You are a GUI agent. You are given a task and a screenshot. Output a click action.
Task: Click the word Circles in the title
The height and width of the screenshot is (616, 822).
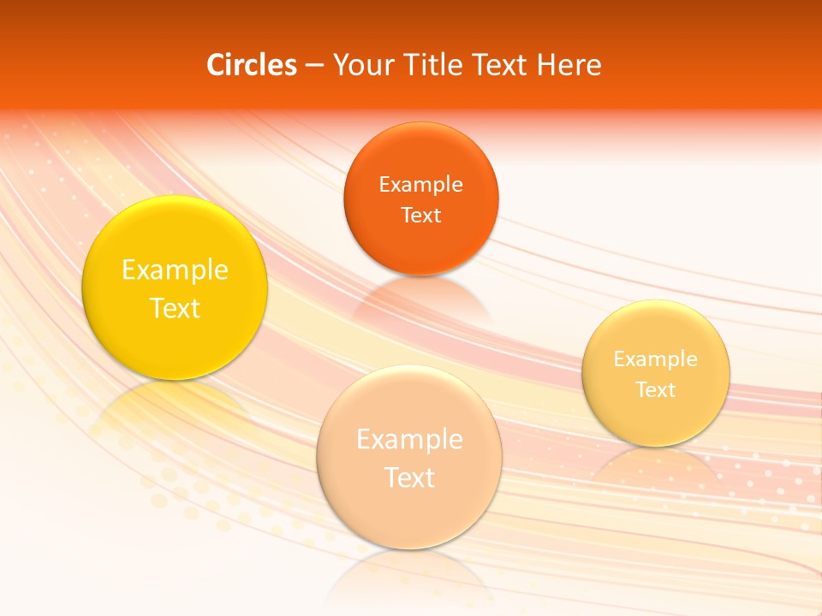click(252, 65)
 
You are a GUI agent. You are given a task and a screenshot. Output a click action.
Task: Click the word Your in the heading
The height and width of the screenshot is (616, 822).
click(360, 65)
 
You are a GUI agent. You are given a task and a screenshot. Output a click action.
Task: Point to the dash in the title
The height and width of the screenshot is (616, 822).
click(314, 66)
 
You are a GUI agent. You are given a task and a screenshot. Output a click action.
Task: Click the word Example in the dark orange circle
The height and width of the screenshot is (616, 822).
click(420, 184)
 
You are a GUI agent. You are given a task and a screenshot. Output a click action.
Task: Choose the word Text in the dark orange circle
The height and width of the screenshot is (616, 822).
click(420, 215)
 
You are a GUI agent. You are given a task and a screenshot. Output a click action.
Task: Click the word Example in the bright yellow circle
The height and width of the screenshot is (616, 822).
click(175, 270)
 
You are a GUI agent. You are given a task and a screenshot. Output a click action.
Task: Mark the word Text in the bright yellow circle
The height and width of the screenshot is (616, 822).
click(175, 308)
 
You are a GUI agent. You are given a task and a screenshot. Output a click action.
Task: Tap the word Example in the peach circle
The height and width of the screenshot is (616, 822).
click(409, 440)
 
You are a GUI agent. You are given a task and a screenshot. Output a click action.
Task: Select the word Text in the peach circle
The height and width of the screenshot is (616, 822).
click(409, 477)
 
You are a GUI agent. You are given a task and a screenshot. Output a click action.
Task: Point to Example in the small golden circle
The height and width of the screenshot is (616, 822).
click(656, 359)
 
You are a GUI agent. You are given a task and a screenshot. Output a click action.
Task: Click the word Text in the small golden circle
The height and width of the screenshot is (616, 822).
click(656, 390)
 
